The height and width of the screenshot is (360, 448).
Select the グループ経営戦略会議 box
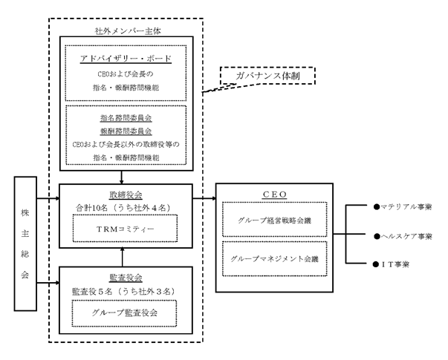coord(275,220)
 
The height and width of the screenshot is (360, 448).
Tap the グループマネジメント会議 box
coord(275,259)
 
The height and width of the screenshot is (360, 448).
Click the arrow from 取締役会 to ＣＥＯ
coord(202,199)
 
